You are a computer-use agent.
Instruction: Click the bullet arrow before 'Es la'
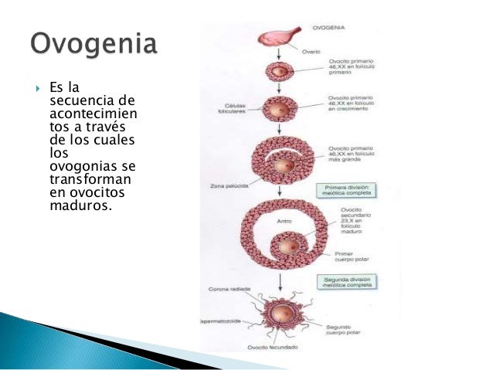click(36, 87)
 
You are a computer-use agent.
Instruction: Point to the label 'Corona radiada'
click(230, 291)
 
